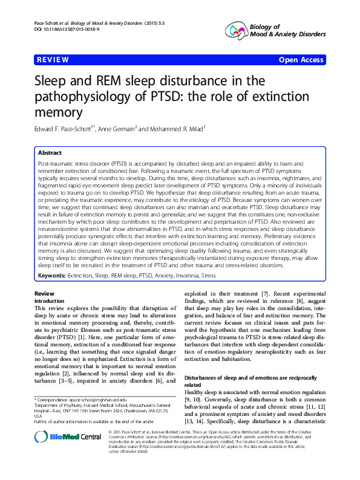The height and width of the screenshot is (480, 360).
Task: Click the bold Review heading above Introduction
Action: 45,293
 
